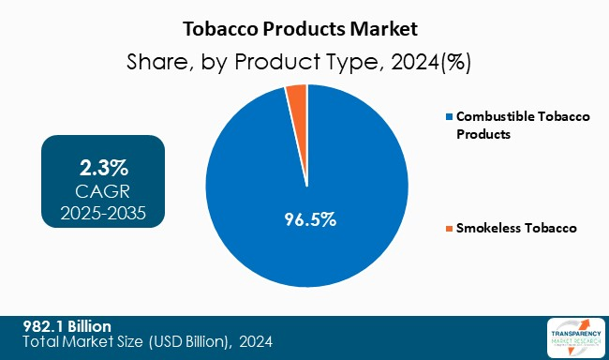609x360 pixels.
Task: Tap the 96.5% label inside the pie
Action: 309,220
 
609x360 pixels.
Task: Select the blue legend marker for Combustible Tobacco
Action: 449,117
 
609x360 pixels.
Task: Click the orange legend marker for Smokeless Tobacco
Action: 449,228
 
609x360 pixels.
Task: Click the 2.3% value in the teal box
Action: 103,169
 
